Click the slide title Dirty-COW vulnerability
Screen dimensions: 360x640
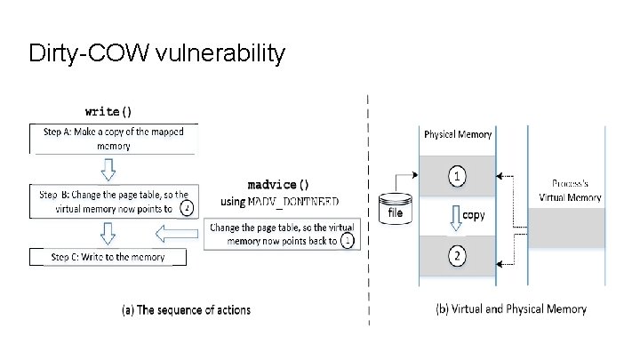point(156,53)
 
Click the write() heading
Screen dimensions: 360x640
point(108,111)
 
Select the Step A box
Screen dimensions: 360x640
point(113,138)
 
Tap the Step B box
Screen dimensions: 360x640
point(113,202)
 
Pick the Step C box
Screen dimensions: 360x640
point(109,257)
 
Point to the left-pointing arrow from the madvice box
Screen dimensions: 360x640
point(176,235)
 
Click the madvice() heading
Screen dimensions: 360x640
point(280,185)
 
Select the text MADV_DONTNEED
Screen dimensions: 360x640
point(293,202)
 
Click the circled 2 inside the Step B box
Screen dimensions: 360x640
point(186,209)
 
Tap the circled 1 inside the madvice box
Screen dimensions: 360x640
point(347,240)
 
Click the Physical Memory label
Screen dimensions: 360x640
point(458,135)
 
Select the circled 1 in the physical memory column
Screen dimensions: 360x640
point(457,177)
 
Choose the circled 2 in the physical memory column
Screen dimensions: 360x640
point(457,257)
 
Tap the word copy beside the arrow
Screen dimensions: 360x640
point(474,216)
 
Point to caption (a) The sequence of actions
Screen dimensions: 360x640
point(186,310)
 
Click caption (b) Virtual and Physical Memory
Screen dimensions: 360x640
point(511,309)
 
